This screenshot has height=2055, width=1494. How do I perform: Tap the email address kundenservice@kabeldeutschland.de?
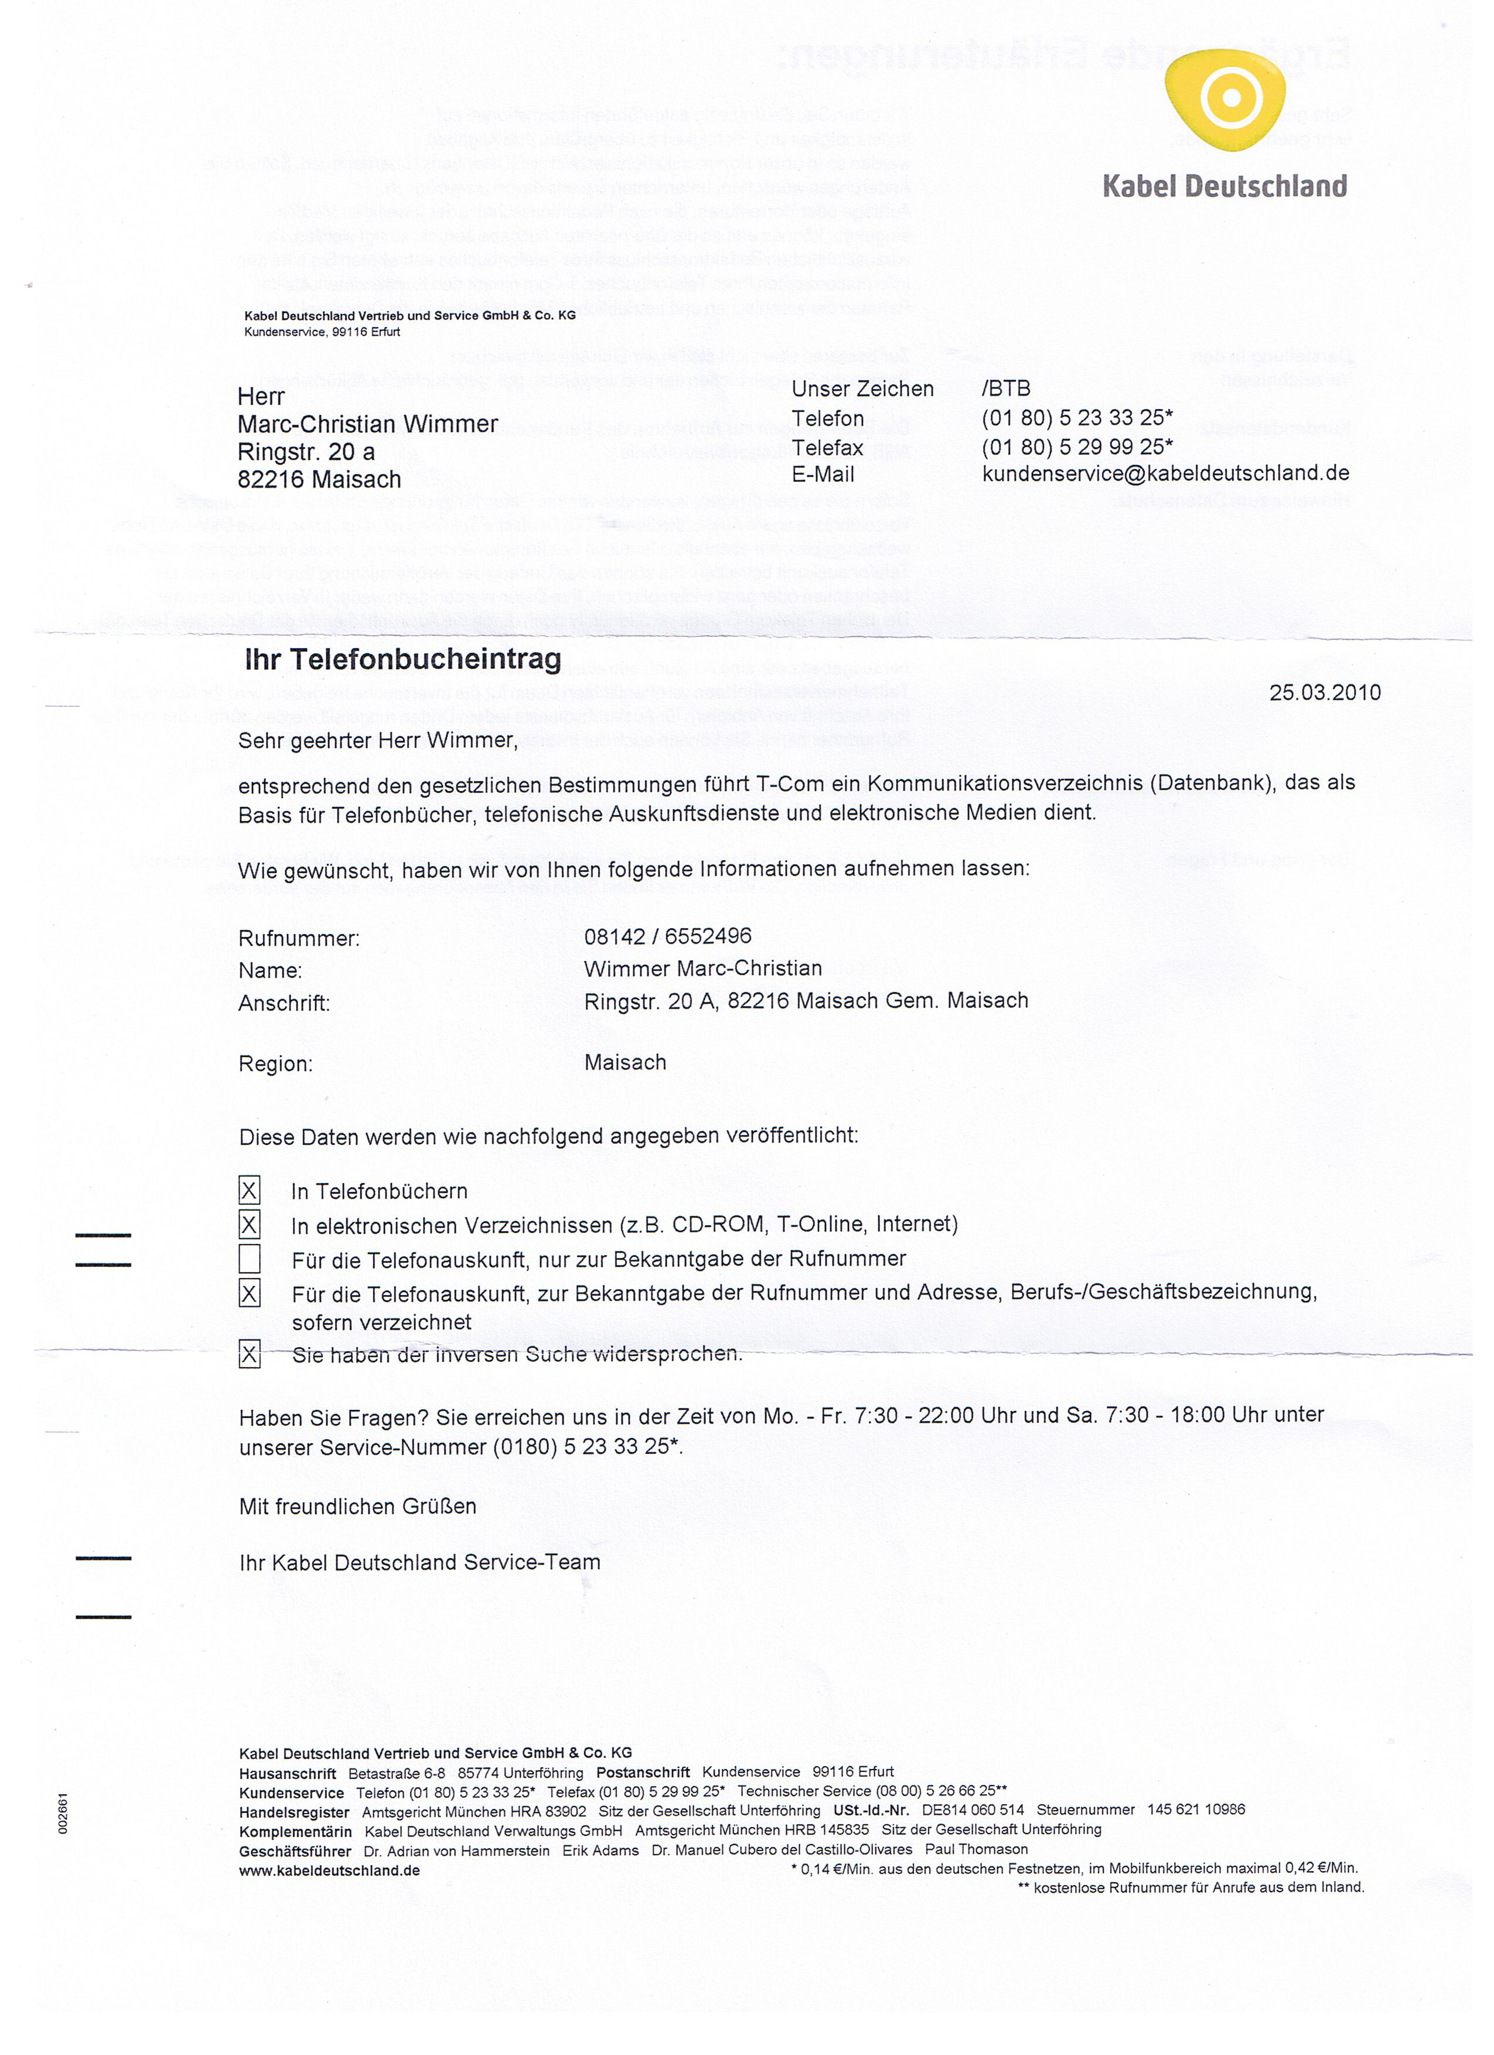(x=1165, y=473)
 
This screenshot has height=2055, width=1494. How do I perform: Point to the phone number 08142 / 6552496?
(x=668, y=936)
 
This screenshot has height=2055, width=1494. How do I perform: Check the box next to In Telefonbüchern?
(x=249, y=1191)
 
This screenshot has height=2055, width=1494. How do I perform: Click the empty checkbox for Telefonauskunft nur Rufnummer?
(x=249, y=1259)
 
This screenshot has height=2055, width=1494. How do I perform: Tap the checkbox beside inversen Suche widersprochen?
(x=249, y=1355)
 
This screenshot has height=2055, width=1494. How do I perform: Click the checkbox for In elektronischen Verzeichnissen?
(x=249, y=1225)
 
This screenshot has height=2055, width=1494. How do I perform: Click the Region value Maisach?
(x=625, y=1062)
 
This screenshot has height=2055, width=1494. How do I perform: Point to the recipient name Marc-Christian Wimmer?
(x=367, y=424)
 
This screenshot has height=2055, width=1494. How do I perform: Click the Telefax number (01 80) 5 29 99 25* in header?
(x=1077, y=447)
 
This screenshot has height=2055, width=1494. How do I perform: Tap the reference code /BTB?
(x=1005, y=388)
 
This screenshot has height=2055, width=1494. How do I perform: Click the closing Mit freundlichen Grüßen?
(x=357, y=1506)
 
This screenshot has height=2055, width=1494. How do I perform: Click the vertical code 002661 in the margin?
(x=63, y=1813)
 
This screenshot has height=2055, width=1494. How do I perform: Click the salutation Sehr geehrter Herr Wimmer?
(x=378, y=740)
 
